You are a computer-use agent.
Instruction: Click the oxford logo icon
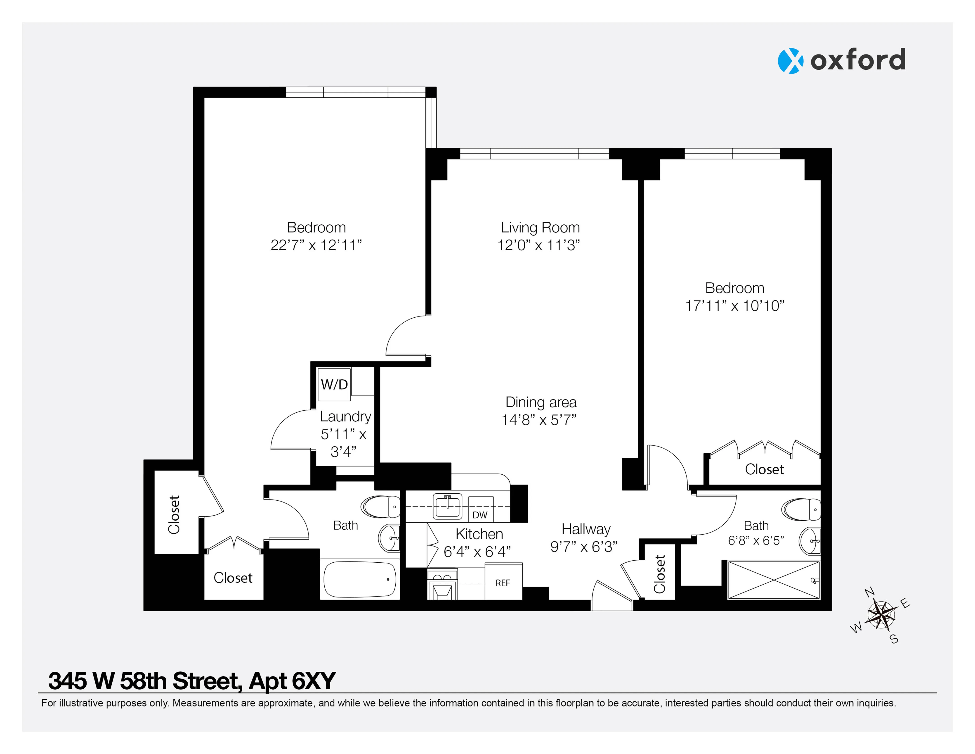(790, 61)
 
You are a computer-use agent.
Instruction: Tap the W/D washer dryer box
(334, 384)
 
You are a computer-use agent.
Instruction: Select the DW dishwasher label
(480, 515)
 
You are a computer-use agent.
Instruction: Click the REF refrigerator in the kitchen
(503, 583)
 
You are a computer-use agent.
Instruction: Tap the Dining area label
(541, 402)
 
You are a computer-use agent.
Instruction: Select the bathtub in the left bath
(360, 579)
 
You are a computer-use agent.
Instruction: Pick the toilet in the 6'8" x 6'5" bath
(801, 509)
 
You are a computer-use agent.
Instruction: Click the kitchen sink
(447, 507)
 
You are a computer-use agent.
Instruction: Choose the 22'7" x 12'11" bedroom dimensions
(316, 245)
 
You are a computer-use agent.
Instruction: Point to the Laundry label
(345, 416)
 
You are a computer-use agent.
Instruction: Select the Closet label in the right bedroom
(764, 469)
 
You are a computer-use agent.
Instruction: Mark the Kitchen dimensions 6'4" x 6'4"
(477, 552)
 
